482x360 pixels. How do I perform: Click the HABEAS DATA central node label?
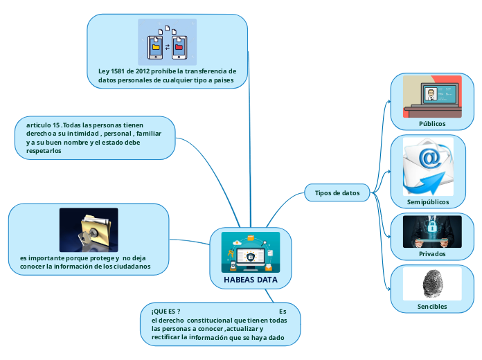click(251, 280)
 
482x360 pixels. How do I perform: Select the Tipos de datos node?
click(337, 193)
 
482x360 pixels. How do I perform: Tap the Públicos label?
click(432, 123)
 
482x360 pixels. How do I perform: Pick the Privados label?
click(432, 254)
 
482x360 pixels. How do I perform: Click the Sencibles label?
click(432, 306)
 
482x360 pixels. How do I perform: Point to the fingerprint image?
click(432, 284)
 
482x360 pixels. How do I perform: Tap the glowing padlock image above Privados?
click(432, 231)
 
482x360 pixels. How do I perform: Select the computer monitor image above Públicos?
click(432, 97)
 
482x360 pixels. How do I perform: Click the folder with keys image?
click(89, 229)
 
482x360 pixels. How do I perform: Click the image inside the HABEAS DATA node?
click(251, 252)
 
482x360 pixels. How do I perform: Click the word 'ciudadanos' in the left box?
click(127, 267)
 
